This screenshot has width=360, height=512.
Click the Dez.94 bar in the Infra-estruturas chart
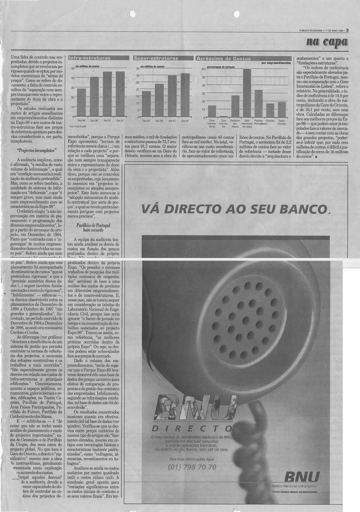82,102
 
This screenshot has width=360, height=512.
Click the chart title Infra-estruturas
90,58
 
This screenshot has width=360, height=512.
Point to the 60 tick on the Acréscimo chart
203,69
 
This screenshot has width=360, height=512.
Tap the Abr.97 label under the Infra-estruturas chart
107,121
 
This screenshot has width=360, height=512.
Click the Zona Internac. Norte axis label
212,123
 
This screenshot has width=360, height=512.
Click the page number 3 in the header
347,30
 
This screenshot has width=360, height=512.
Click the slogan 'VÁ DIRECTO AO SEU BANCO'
235,208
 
